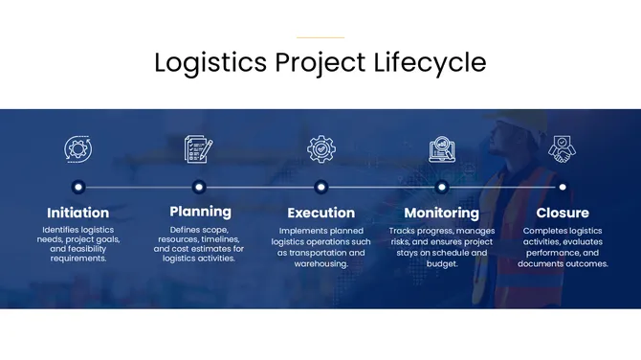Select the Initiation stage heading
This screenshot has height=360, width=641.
(78, 213)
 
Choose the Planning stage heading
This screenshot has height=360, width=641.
(200, 211)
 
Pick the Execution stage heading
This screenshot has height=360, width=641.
(320, 213)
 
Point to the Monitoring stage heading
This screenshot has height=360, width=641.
(441, 213)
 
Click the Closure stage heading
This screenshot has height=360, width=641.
(563, 213)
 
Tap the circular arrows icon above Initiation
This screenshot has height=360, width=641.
(78, 148)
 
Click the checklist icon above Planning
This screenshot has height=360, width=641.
(199, 148)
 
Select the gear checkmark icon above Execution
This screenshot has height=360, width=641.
(320, 148)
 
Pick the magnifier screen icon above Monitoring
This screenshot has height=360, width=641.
(442, 148)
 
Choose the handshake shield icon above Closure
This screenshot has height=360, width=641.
(562, 148)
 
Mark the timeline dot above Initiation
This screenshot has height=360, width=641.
(78, 187)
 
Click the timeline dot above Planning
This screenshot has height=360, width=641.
(199, 187)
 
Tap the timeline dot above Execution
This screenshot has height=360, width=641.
(320, 187)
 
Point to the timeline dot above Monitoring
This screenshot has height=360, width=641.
(441, 187)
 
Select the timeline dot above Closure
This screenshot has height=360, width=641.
(563, 187)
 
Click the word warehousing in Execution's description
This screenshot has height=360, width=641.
(321, 263)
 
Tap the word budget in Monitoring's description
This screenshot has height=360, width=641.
(442, 263)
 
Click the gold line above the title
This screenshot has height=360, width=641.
(320, 37)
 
